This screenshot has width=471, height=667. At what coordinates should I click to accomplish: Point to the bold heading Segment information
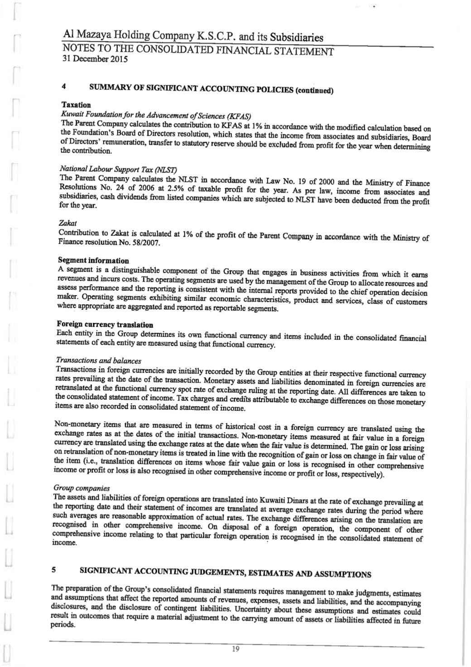click(93, 260)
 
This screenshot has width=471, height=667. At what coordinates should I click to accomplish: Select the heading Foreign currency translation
click(105, 324)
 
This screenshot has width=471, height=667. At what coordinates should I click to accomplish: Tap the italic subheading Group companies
click(82, 488)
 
